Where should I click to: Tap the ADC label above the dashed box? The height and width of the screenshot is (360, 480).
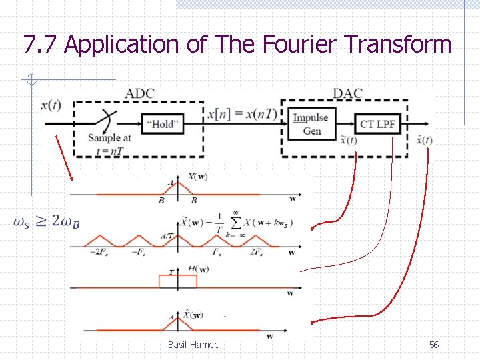coord(139,93)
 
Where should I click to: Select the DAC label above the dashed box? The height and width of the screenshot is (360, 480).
coord(347,93)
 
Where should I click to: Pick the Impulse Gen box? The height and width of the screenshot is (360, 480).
coord(312,124)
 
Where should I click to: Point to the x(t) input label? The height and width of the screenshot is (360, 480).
coord(51,105)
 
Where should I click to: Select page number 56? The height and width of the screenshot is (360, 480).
coord(433,345)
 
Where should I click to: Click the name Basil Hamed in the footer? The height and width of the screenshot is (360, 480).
coord(193,345)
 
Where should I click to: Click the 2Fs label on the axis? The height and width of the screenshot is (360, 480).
coord(256,251)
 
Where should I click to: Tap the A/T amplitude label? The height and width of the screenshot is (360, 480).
coord(167,235)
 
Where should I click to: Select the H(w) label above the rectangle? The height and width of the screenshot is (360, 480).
coord(198,269)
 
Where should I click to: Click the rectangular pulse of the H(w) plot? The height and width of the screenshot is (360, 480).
coord(178,281)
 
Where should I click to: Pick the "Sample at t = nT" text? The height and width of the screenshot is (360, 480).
coord(109,143)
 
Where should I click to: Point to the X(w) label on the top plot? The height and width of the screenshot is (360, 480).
coord(197,177)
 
